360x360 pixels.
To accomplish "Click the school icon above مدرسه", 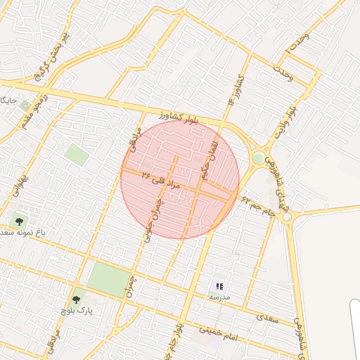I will point(219,286).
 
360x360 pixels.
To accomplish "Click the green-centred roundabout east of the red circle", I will point(259,159).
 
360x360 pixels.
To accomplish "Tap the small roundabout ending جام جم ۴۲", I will point(286,216).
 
